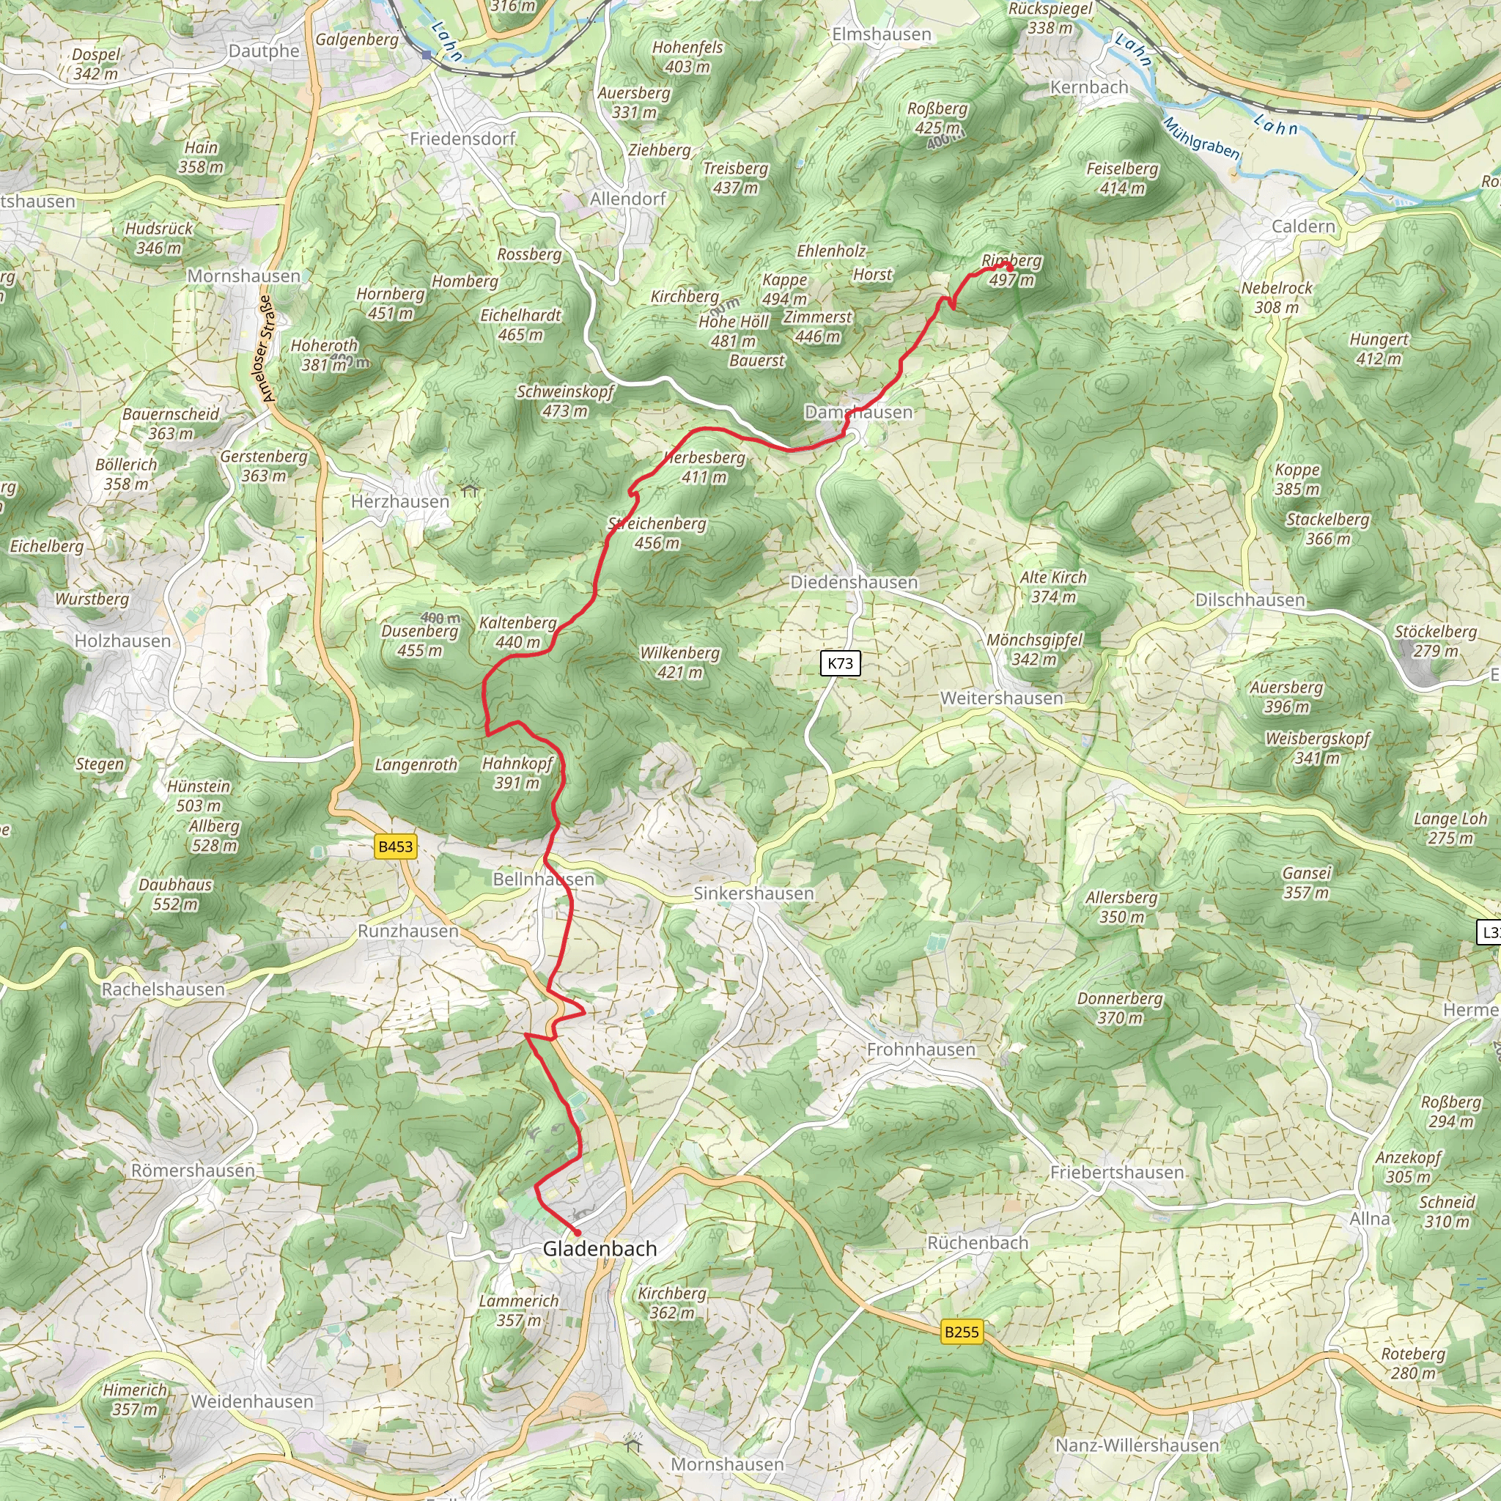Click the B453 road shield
click(x=396, y=846)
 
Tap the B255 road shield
click(x=961, y=1332)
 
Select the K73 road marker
click(x=840, y=663)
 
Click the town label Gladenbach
click(x=599, y=1248)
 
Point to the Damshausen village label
click(x=858, y=412)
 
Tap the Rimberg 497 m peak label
click(x=1011, y=270)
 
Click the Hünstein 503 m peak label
click(x=199, y=795)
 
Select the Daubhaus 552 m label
click(x=176, y=894)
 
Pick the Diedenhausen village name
click(x=854, y=582)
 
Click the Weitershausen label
click(x=1001, y=698)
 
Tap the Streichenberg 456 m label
click(x=657, y=533)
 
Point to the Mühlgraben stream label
click(x=1201, y=139)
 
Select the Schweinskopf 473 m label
click(x=566, y=401)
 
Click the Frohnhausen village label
click(x=921, y=1050)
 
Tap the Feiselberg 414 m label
click(x=1122, y=178)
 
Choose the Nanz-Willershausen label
click(x=1137, y=1445)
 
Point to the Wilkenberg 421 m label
click(x=680, y=662)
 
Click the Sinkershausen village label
click(x=753, y=893)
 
